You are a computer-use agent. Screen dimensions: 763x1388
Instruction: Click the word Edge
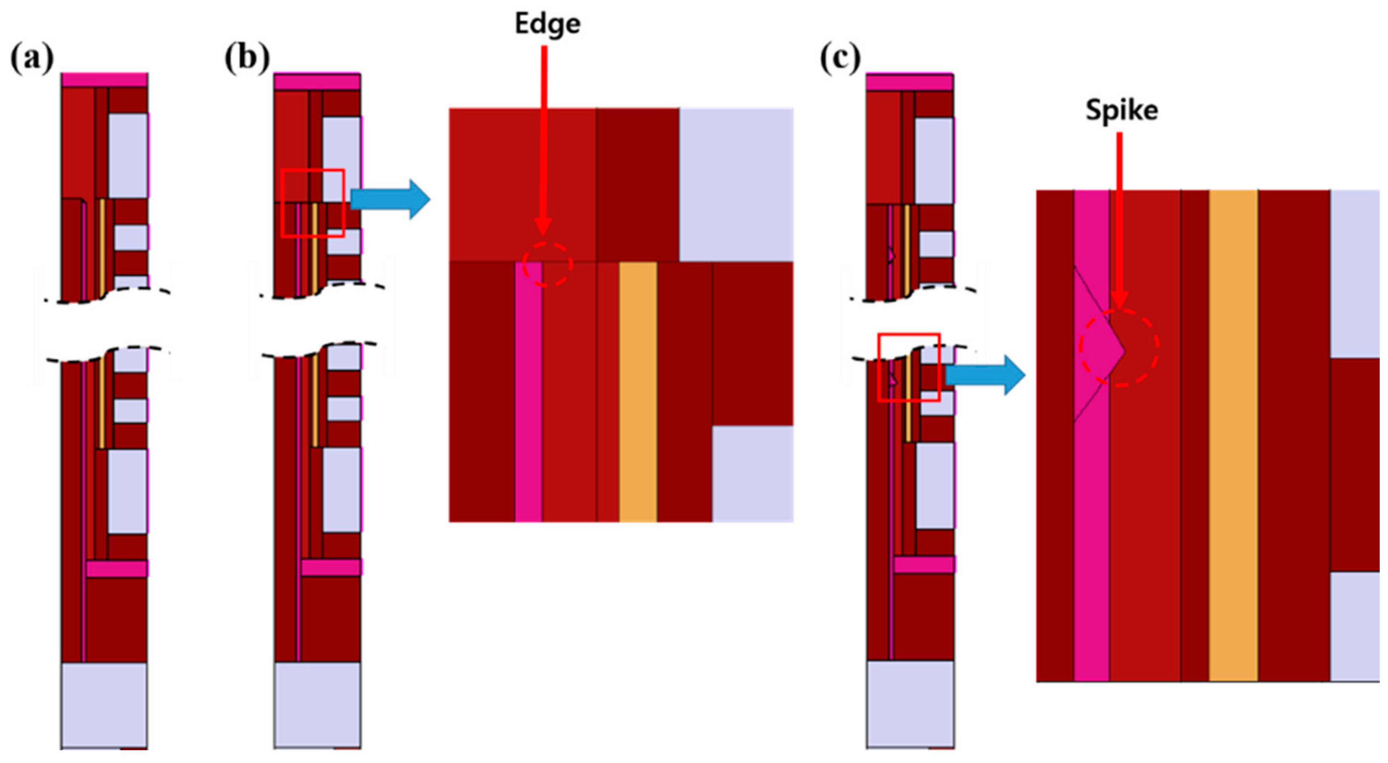click(x=547, y=24)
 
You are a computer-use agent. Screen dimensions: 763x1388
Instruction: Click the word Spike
click(x=1121, y=110)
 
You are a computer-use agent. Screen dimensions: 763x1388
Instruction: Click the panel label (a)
click(x=32, y=58)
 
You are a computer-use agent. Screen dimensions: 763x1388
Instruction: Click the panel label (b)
click(x=247, y=58)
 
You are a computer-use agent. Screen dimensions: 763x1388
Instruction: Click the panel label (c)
click(x=840, y=58)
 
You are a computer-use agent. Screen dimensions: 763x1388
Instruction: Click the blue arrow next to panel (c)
click(x=985, y=375)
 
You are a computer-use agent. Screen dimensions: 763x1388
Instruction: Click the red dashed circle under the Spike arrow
click(x=1119, y=348)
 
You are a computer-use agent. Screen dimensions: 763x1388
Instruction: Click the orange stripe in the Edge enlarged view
click(x=638, y=393)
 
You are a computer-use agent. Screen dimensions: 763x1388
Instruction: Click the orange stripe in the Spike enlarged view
click(x=1233, y=436)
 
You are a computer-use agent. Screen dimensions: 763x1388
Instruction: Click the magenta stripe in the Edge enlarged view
click(x=529, y=393)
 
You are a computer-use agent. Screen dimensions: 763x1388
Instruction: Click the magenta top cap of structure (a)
click(x=104, y=80)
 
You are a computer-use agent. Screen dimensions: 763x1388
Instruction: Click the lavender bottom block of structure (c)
click(x=910, y=704)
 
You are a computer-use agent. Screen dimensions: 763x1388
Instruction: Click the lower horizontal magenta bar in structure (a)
click(x=116, y=569)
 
